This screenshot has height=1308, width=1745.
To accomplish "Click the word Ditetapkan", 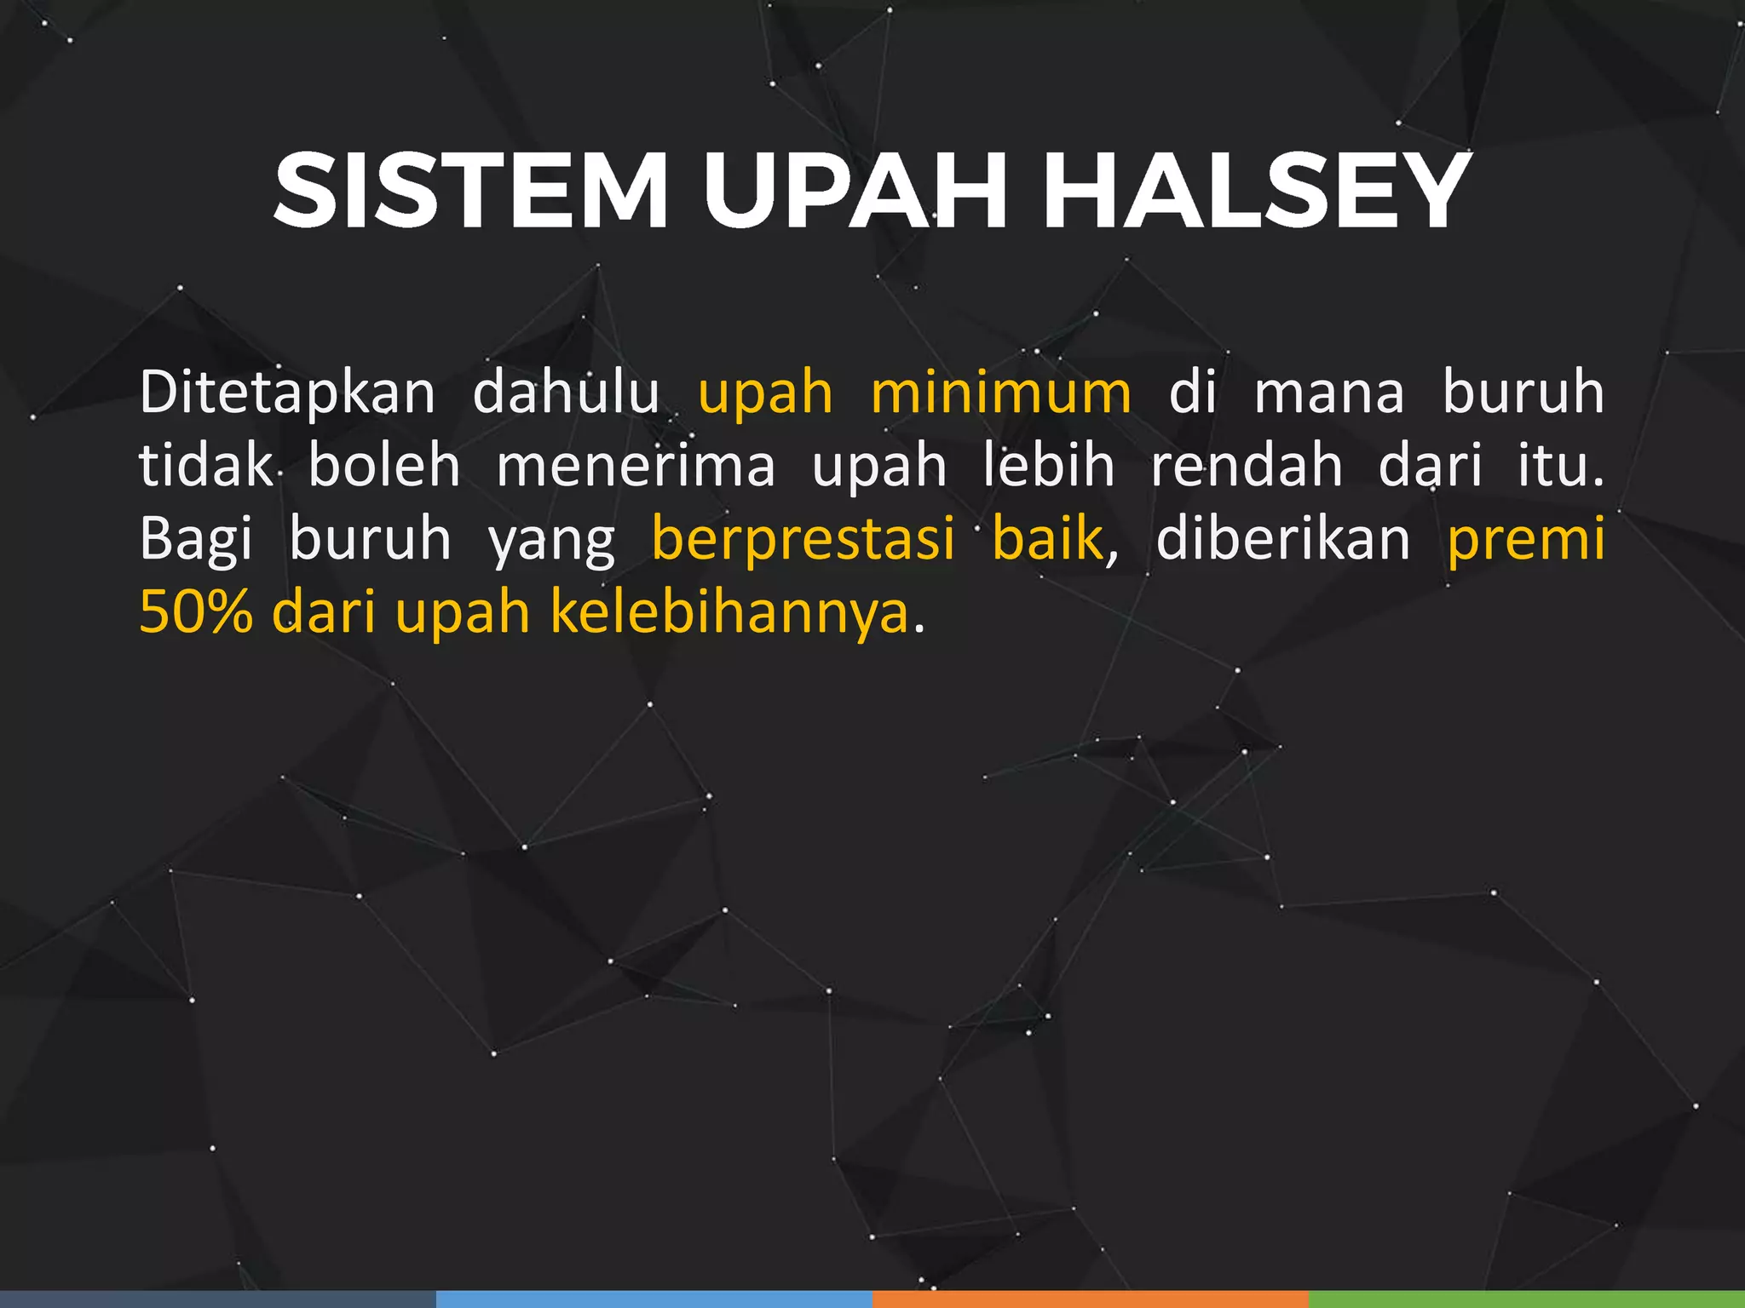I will pyautogui.click(x=287, y=394).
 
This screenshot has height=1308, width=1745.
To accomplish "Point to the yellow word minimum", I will pyautogui.click(x=1001, y=393).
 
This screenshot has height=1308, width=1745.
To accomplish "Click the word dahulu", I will pyautogui.click(x=566, y=393).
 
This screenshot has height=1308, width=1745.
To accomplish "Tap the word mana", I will pyautogui.click(x=1329, y=394).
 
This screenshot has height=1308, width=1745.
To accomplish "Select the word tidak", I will pyautogui.click(x=205, y=466).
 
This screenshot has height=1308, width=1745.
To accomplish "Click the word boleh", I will pyautogui.click(x=384, y=466).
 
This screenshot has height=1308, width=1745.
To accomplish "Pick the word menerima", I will pyautogui.click(x=636, y=468).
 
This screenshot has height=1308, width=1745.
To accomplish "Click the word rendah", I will pyautogui.click(x=1247, y=466).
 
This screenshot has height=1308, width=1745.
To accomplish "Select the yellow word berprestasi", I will pyautogui.click(x=803, y=540).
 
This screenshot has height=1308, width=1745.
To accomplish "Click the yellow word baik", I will pyautogui.click(x=1047, y=538).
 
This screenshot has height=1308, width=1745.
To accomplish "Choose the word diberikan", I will pyautogui.click(x=1283, y=538).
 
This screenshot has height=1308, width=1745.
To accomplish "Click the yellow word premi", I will pyautogui.click(x=1526, y=540).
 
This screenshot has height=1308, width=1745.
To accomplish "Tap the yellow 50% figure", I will pyautogui.click(x=196, y=612).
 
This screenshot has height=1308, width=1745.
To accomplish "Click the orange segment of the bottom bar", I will pyautogui.click(x=1090, y=1299).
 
